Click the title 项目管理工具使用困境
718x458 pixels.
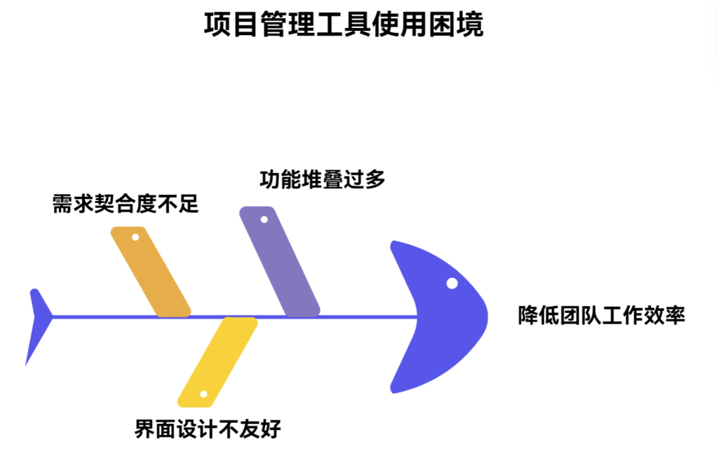[x=344, y=25]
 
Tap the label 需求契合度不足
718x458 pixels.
[x=126, y=204]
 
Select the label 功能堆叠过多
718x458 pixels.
[x=323, y=179]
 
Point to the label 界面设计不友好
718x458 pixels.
[x=208, y=428]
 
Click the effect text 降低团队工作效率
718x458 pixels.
[x=602, y=315]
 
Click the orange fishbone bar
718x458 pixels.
[x=151, y=272]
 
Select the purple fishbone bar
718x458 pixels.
[x=280, y=262]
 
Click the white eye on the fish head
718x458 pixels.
[x=452, y=283]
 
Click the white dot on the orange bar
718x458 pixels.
[x=135, y=237]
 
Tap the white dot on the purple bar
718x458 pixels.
[x=264, y=219]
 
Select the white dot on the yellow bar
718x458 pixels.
[x=203, y=394]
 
